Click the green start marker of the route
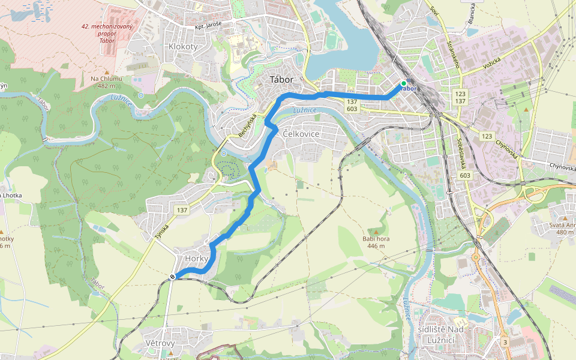click(x=404, y=83)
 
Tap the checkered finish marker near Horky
click(x=172, y=277)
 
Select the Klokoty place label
click(x=183, y=46)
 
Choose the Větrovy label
click(x=160, y=343)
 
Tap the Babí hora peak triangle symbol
click(x=376, y=232)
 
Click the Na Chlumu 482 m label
click(x=106, y=82)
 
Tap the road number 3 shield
click(x=505, y=342)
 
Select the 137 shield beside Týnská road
click(x=182, y=210)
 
